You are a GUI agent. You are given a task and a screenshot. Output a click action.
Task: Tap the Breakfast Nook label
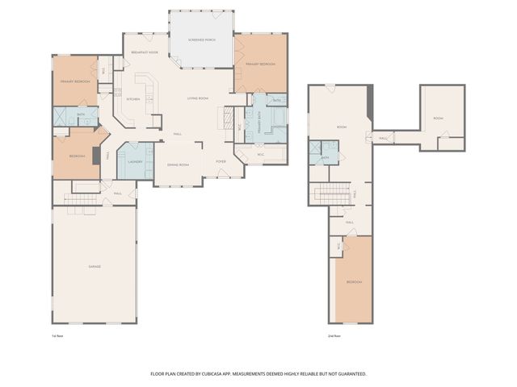pos(143,52)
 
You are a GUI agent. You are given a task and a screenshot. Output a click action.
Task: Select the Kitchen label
pos(133,99)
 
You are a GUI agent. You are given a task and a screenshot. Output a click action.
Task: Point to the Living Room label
pos(198,98)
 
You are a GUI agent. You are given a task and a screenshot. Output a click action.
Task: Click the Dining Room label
pos(178,164)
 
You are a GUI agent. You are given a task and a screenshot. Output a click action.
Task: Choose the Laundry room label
pos(135,161)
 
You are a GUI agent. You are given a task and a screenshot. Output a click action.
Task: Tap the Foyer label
pos(221,161)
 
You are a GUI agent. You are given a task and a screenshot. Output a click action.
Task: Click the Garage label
pos(95,266)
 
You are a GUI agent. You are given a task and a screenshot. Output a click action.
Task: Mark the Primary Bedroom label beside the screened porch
pos(261,64)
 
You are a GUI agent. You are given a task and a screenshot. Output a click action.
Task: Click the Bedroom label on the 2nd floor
pos(355,282)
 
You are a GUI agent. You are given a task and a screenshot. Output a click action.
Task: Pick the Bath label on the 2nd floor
pos(325,157)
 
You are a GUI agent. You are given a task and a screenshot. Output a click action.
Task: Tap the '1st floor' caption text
pos(57,335)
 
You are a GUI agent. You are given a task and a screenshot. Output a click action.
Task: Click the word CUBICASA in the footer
pos(246,374)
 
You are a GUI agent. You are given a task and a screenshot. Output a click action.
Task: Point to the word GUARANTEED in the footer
pos(350,374)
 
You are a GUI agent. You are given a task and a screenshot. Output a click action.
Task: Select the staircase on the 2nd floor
pos(329,194)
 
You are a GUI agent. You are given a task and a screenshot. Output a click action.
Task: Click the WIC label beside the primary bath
pos(261,153)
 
